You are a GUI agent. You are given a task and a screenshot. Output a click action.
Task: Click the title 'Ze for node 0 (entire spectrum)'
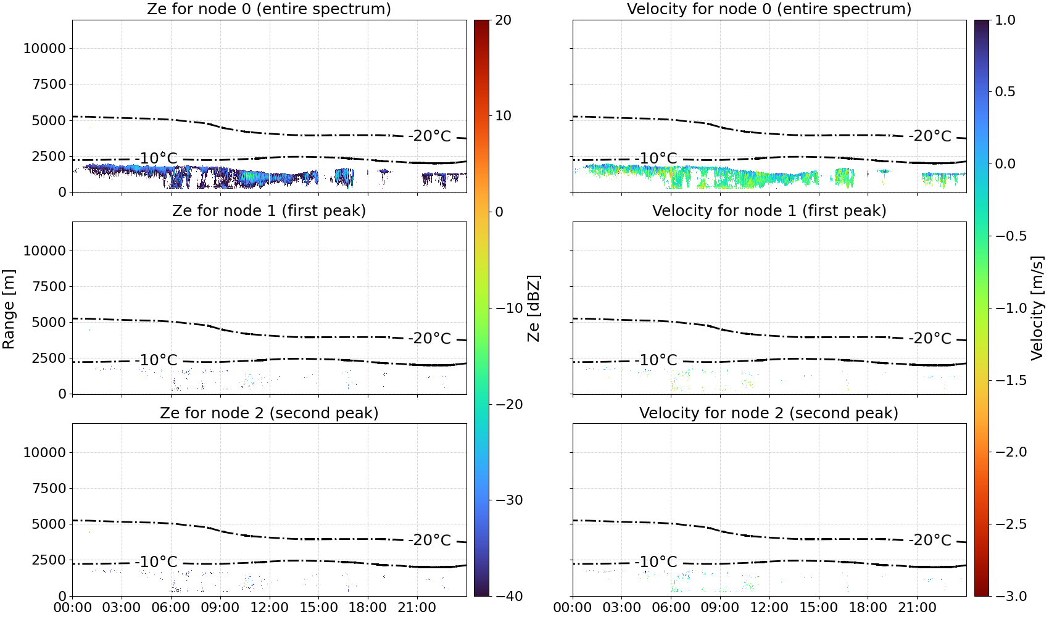coord(269,9)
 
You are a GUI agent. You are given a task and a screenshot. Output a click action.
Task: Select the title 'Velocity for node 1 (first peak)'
coord(769,210)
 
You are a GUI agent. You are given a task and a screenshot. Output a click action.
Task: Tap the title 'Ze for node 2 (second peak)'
coord(269,413)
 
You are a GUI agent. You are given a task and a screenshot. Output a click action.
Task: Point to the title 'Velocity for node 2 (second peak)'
coord(769,413)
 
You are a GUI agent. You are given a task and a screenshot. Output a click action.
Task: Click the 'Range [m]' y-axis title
coord(9,309)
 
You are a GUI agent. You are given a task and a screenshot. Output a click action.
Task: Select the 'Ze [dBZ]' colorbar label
coord(534,308)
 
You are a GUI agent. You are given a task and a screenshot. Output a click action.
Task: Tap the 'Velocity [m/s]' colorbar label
coord(1038,308)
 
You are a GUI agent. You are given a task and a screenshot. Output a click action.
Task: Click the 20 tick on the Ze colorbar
coord(504,20)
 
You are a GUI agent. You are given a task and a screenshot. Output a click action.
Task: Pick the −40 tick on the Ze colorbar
coord(508,596)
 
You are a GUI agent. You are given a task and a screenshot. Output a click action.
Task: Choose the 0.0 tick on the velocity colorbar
coord(1005,164)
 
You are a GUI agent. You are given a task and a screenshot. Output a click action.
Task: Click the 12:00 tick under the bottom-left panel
coord(269,608)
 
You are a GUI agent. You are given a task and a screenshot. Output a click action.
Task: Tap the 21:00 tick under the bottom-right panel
coord(917,608)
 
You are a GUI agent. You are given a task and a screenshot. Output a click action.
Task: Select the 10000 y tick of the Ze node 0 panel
coord(44,48)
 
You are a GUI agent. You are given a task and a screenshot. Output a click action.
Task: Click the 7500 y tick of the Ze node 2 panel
coord(49,488)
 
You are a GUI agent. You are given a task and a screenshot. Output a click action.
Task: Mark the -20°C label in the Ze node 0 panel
coord(430,136)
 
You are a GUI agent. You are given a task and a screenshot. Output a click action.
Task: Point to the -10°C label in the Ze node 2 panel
coord(156,561)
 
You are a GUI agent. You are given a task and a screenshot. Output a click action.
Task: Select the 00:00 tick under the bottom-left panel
coord(73,608)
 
